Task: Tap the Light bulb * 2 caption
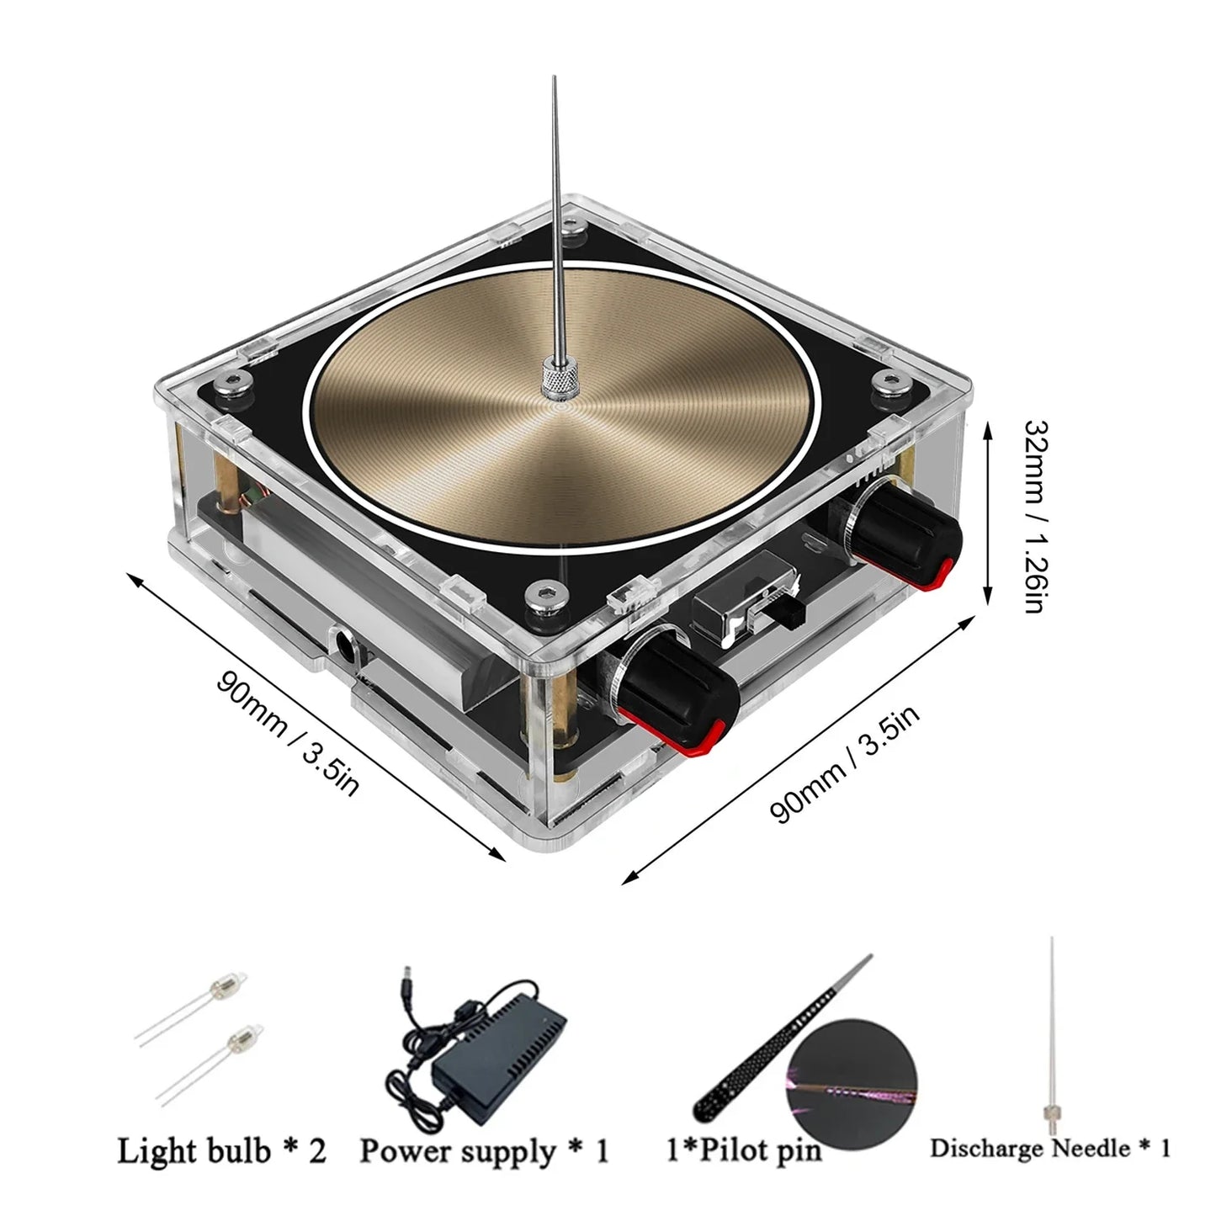click(x=221, y=1150)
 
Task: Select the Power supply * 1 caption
click(x=484, y=1150)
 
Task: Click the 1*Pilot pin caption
click(x=743, y=1150)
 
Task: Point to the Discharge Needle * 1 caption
click(x=1049, y=1148)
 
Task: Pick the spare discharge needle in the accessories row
click(x=1052, y=1035)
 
